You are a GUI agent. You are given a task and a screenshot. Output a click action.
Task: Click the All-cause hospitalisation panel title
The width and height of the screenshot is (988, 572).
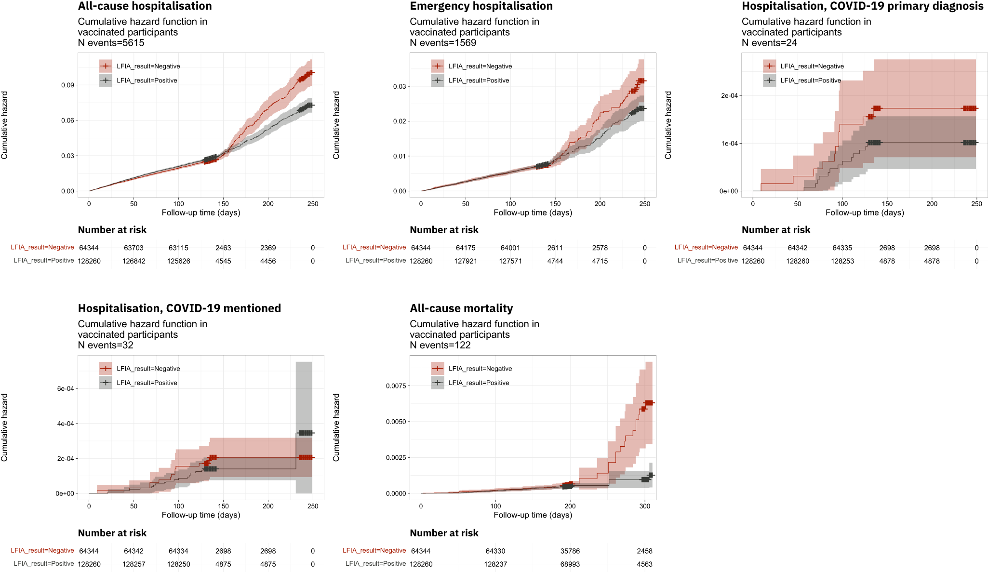click(x=145, y=6)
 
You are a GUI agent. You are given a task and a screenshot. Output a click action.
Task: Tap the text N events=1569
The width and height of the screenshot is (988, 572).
click(x=442, y=43)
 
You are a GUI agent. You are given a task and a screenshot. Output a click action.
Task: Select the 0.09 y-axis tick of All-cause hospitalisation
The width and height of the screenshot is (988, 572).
click(x=67, y=85)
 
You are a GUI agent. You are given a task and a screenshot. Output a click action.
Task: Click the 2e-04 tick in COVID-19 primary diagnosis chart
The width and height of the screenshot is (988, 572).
click(x=729, y=95)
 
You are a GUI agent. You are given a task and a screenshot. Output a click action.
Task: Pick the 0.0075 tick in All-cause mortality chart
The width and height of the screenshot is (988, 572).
click(x=396, y=386)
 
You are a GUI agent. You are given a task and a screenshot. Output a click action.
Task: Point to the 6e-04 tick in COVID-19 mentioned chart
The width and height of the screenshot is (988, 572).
click(x=65, y=389)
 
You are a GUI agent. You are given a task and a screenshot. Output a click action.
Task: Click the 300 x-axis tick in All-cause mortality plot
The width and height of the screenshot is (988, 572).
click(x=644, y=506)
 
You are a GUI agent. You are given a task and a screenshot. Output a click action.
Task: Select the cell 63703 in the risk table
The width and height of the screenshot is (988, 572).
click(x=134, y=248)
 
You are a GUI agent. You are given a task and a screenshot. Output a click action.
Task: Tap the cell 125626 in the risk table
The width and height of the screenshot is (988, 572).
click(x=178, y=261)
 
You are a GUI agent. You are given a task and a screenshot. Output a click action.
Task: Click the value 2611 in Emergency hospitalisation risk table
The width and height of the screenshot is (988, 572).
click(x=555, y=248)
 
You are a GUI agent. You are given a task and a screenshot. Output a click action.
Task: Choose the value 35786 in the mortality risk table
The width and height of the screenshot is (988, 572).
click(x=570, y=551)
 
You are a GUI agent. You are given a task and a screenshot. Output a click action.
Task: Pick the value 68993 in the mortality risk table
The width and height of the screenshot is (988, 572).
click(x=570, y=564)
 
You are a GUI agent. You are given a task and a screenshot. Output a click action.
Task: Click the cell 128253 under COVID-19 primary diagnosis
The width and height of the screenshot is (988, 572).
click(x=842, y=261)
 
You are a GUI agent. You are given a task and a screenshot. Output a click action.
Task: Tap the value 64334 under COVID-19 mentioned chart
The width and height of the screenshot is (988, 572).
click(x=178, y=551)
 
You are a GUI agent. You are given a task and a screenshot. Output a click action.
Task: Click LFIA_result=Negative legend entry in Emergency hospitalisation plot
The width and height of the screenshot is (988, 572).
click(x=480, y=67)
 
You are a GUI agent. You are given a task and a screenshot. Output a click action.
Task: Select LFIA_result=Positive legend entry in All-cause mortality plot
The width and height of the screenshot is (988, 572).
click(x=478, y=383)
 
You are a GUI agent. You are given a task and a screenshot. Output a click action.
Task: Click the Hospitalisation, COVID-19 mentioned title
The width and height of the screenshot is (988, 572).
click(x=179, y=308)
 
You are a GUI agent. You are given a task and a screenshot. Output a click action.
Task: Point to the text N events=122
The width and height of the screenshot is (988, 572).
click(x=440, y=346)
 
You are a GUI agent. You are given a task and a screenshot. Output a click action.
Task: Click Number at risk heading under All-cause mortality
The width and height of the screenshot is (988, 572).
click(x=444, y=533)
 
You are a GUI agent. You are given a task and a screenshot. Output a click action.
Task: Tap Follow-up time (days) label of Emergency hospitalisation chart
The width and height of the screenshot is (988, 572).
click(x=533, y=213)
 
